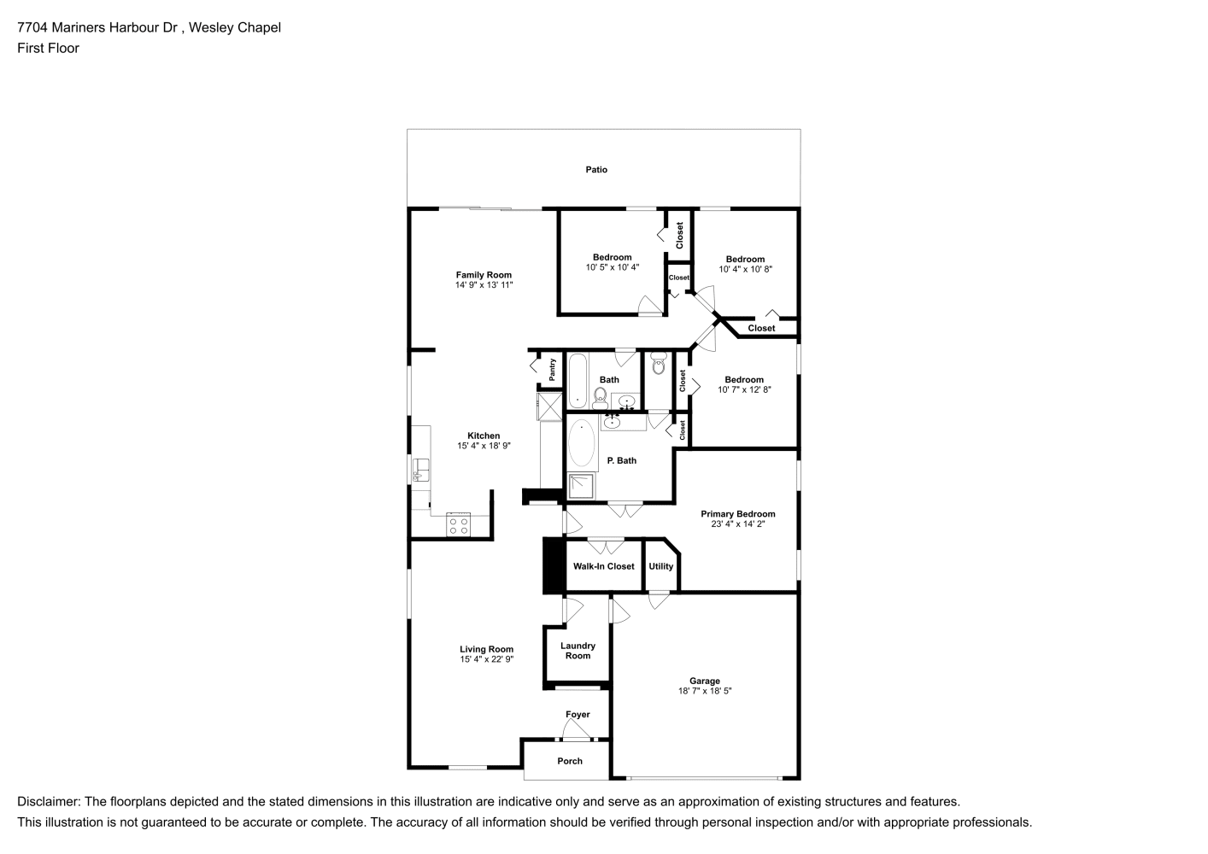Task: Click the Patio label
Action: (x=596, y=170)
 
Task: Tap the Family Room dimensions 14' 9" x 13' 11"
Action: (x=484, y=284)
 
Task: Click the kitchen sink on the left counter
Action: (x=420, y=470)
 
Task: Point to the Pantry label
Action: (x=552, y=370)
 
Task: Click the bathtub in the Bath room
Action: (x=578, y=381)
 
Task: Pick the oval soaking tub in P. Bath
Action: (x=581, y=443)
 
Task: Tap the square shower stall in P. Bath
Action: (x=581, y=486)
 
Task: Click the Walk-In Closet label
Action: (x=603, y=566)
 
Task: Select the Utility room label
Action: (x=660, y=567)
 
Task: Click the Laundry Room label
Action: (x=578, y=651)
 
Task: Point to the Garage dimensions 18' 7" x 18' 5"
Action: (x=705, y=691)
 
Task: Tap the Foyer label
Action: (x=578, y=715)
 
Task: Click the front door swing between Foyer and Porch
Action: (x=577, y=729)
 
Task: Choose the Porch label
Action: (x=570, y=761)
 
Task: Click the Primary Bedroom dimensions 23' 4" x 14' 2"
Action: (x=738, y=524)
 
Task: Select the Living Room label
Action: (x=486, y=650)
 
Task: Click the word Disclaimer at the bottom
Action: (x=49, y=802)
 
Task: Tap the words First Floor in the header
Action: (x=48, y=48)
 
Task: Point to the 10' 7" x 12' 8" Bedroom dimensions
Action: (x=744, y=389)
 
